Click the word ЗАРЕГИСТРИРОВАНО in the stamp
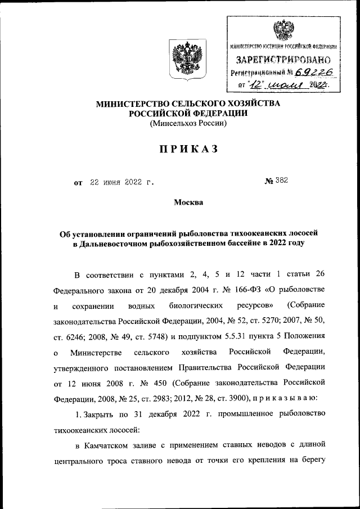(283, 58)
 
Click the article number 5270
(267, 321)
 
